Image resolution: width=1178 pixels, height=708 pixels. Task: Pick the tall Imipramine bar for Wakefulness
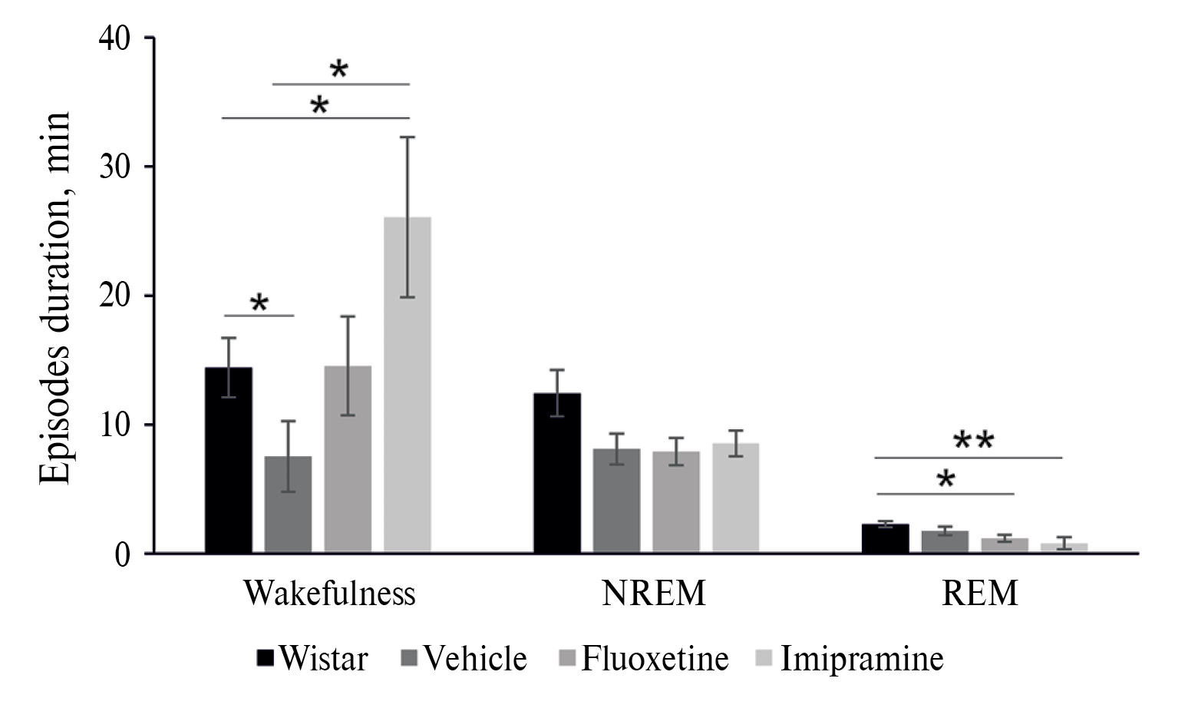[x=408, y=384]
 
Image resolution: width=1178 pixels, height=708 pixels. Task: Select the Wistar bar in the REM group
[x=885, y=538]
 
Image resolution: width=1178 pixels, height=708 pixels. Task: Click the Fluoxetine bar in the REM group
[x=1005, y=544]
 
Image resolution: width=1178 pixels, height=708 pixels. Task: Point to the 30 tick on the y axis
[x=116, y=166]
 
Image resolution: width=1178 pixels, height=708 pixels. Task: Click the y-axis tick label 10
[x=116, y=425]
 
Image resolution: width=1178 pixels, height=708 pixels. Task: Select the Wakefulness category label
[x=329, y=594]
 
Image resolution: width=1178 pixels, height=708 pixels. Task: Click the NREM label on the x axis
[x=653, y=594]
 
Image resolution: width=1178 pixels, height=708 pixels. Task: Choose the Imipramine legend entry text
[x=861, y=659]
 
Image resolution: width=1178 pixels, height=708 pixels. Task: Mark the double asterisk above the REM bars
[x=973, y=442]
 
